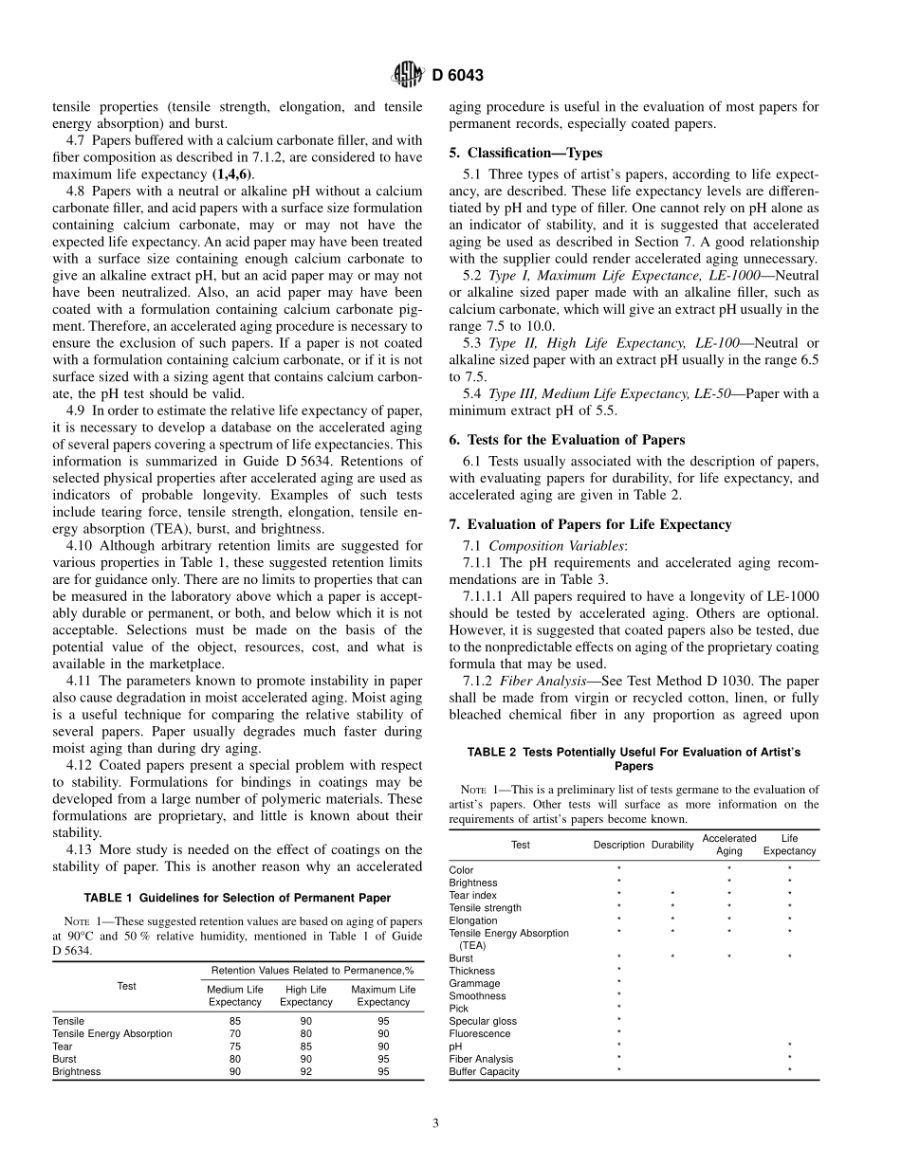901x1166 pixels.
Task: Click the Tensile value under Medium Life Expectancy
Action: [234, 1021]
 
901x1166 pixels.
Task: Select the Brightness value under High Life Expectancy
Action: [305, 1071]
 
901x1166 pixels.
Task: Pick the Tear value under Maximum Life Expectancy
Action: [383, 1047]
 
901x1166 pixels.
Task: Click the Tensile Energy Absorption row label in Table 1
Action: [112, 1033]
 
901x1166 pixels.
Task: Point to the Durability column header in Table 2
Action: [672, 845]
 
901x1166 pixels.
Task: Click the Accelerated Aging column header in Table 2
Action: [728, 845]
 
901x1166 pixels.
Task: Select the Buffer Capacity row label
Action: [484, 1071]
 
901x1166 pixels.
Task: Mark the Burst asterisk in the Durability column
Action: [672, 957]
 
